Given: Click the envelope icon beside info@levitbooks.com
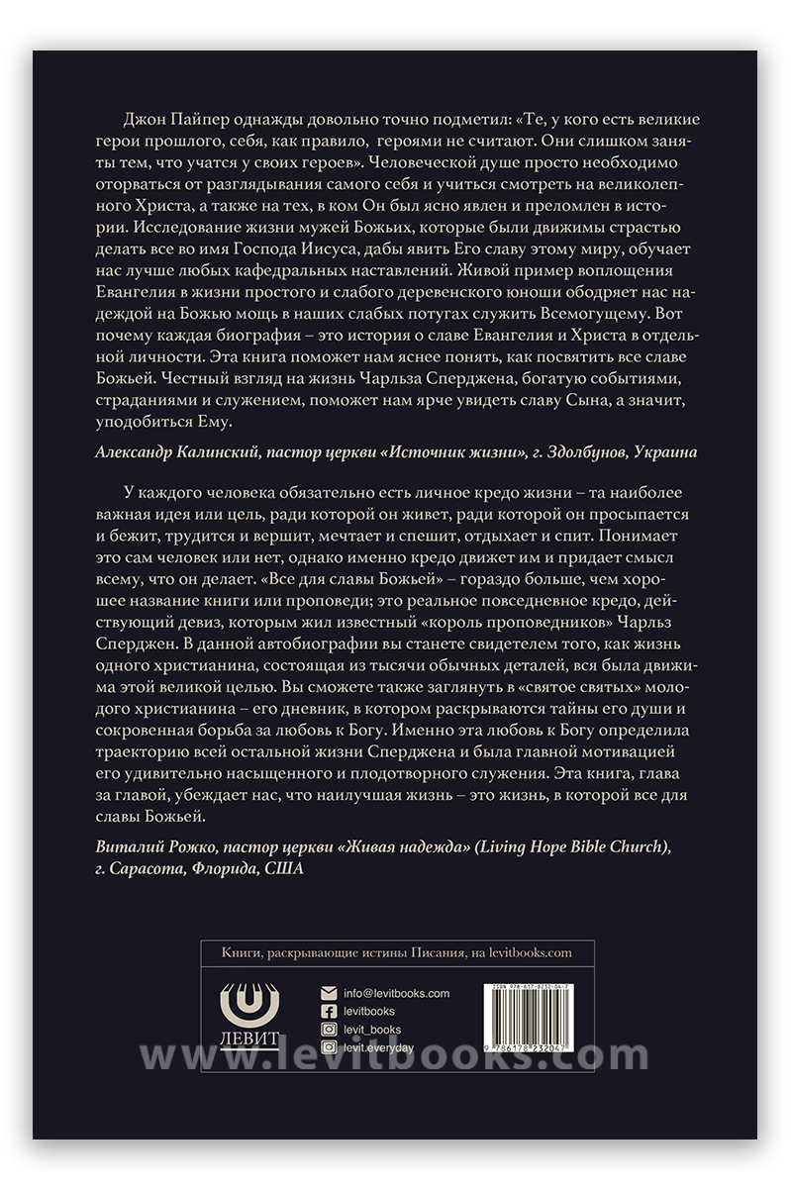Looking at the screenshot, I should pos(330,993).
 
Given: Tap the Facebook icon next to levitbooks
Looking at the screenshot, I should pos(330,1011).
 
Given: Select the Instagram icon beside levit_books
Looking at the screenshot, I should pos(330,1030).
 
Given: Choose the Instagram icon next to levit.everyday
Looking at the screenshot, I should pos(330,1047).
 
